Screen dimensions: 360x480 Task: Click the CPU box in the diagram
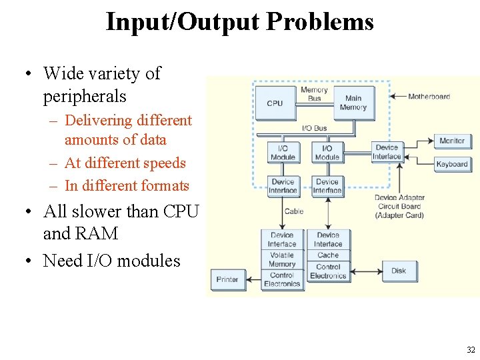coord(275,103)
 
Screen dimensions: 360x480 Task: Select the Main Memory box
coord(353,103)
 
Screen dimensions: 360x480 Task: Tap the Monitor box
coord(452,141)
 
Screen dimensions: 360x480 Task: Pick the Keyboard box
coord(452,164)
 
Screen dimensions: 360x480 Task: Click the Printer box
coord(227,279)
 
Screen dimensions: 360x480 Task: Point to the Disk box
coord(399,271)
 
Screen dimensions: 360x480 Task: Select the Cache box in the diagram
coord(328,255)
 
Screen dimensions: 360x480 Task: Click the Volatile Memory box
coord(282,259)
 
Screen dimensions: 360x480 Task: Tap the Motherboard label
coord(429,97)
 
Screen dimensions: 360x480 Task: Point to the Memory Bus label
coord(314,94)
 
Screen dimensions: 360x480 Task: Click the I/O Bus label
coord(315,128)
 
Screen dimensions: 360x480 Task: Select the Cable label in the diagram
coord(294,211)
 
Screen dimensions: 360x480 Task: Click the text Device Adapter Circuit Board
coord(399,206)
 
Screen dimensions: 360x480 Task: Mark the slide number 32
coord(471,349)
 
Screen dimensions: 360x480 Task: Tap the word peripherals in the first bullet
coord(85,96)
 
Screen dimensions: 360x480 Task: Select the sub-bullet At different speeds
coord(125,163)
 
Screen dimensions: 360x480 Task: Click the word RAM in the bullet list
coord(99,234)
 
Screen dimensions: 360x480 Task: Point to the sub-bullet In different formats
coord(127,185)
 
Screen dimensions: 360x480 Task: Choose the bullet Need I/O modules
coord(111,260)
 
